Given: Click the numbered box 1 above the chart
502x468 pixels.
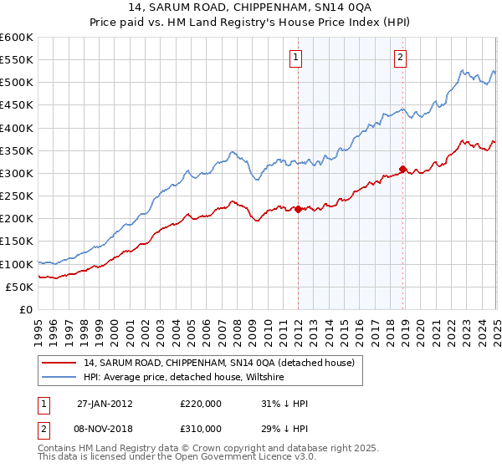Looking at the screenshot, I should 297,58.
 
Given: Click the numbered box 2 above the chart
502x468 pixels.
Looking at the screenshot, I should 401,58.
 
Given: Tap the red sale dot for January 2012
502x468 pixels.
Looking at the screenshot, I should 299,210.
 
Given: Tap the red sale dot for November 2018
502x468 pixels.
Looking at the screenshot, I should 403,169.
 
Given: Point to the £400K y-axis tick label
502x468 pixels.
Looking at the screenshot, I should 17,128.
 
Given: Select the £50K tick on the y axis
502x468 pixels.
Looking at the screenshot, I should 20,287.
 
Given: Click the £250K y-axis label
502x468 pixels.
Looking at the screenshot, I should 17,196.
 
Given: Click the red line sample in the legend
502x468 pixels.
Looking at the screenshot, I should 58,363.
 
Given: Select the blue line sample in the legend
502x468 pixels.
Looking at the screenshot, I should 58,377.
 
